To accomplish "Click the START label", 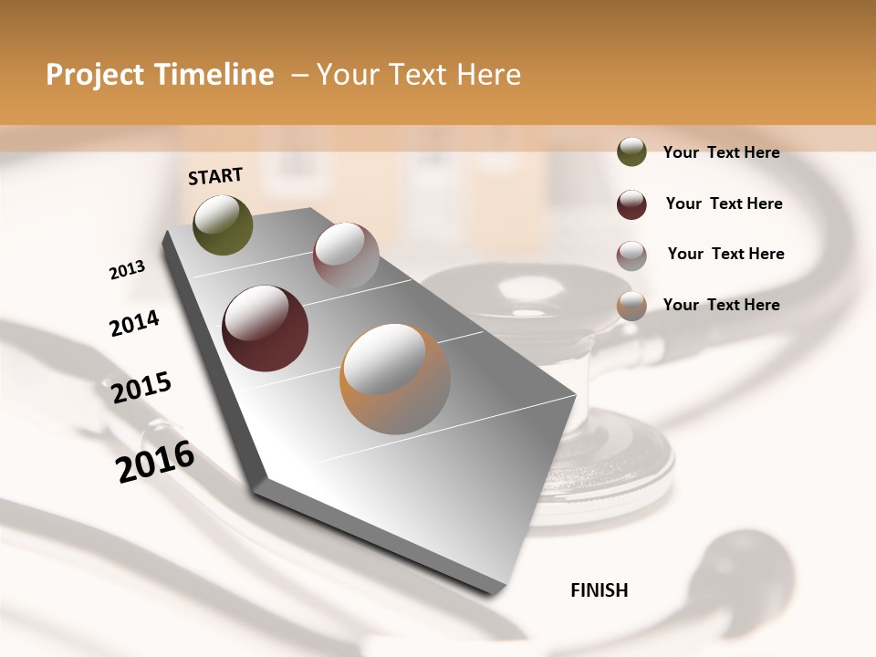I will [215, 176].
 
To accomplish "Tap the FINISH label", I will [600, 590].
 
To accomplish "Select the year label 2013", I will [127, 270].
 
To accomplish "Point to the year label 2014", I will [134, 324].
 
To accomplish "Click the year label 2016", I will [155, 462].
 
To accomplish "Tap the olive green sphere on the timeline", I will [223, 225].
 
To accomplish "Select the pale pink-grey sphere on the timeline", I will [346, 255].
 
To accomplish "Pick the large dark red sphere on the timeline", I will [266, 328].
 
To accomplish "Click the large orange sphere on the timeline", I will [395, 379].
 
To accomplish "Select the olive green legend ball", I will [631, 151].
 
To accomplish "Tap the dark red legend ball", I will [631, 204].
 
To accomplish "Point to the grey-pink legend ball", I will [631, 255].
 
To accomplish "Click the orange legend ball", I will [631, 306].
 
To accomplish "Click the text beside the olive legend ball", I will [721, 152].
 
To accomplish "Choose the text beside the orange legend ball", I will [721, 305].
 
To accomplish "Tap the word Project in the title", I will [94, 75].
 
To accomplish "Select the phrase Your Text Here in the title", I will [419, 75].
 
